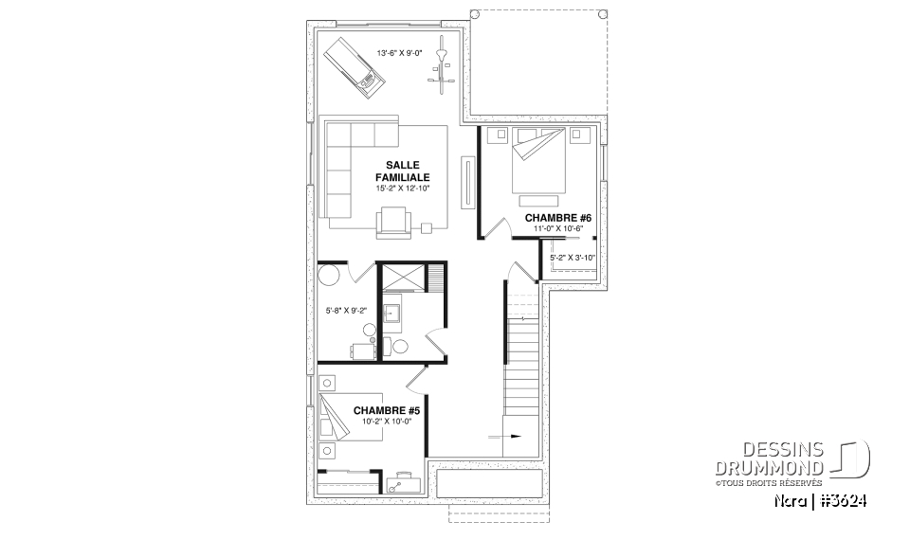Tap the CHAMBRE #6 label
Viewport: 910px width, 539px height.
558,218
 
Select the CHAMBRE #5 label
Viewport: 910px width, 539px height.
387,410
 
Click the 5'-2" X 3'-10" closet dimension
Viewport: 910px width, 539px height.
572,257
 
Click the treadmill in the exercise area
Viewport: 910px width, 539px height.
352,67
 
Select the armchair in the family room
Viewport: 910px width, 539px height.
392,222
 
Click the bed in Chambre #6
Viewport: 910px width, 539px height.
539,162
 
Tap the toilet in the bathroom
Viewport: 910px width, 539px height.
399,347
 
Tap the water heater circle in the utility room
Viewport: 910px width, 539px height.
328,276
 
